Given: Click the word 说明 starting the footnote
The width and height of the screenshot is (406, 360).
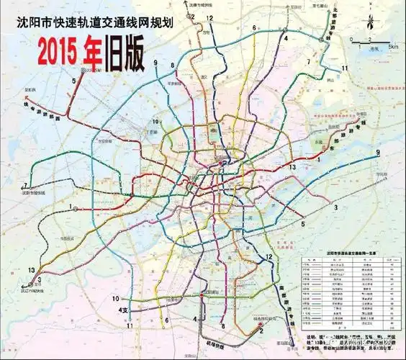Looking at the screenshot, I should click(x=312, y=335).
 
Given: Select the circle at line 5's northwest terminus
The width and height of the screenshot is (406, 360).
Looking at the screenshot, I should click(x=85, y=70).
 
